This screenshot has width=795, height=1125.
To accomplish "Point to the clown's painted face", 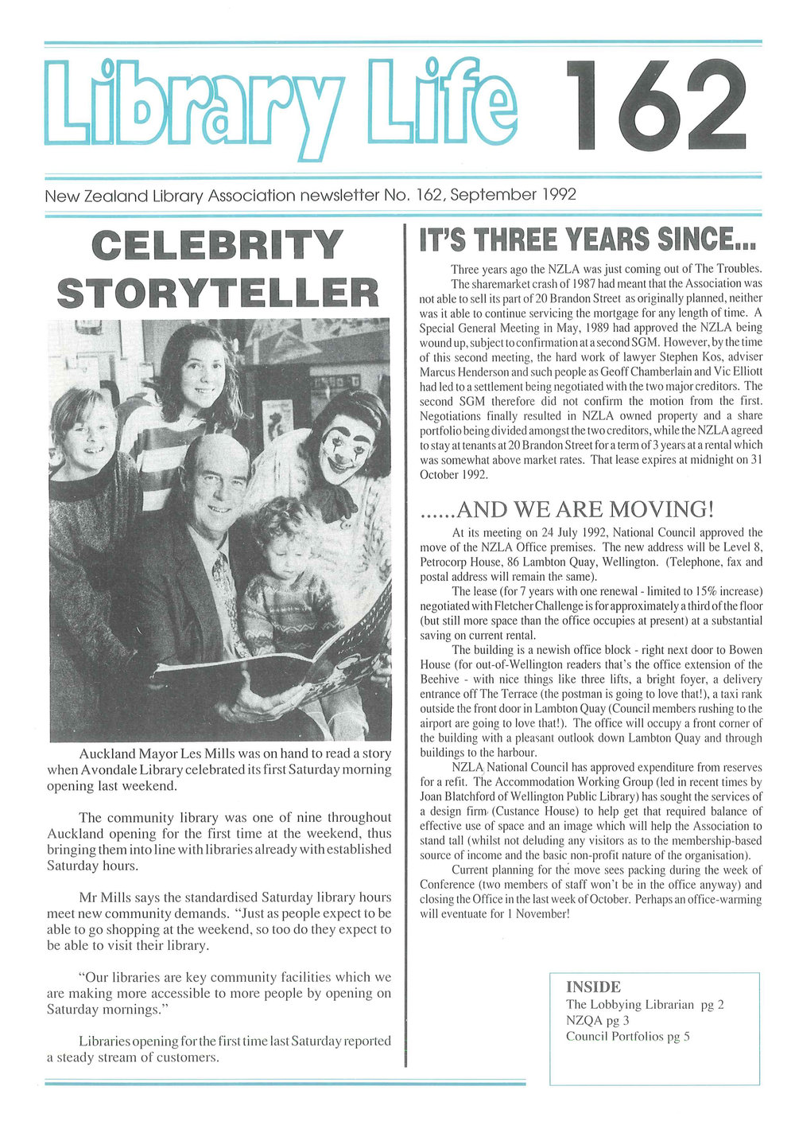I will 347,447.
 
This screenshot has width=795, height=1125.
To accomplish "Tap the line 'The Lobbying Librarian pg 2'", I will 645,1004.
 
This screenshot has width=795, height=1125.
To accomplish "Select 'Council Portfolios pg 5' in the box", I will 628,1036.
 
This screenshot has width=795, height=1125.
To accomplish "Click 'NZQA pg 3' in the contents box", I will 598,1020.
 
